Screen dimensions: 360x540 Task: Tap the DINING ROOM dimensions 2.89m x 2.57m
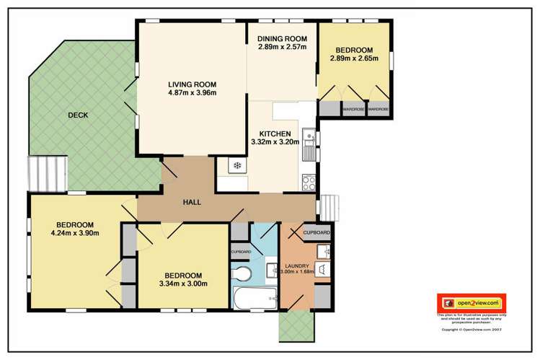[x=283, y=48]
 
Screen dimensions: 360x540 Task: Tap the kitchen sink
[x=309, y=149]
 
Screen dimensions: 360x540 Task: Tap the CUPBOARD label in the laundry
[x=316, y=232]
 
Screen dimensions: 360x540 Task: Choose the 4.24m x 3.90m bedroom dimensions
[x=74, y=233]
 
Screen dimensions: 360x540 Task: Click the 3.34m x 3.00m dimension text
[x=183, y=284]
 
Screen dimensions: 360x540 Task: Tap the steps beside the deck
[x=48, y=174]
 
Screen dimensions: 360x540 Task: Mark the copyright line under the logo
[x=471, y=329]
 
